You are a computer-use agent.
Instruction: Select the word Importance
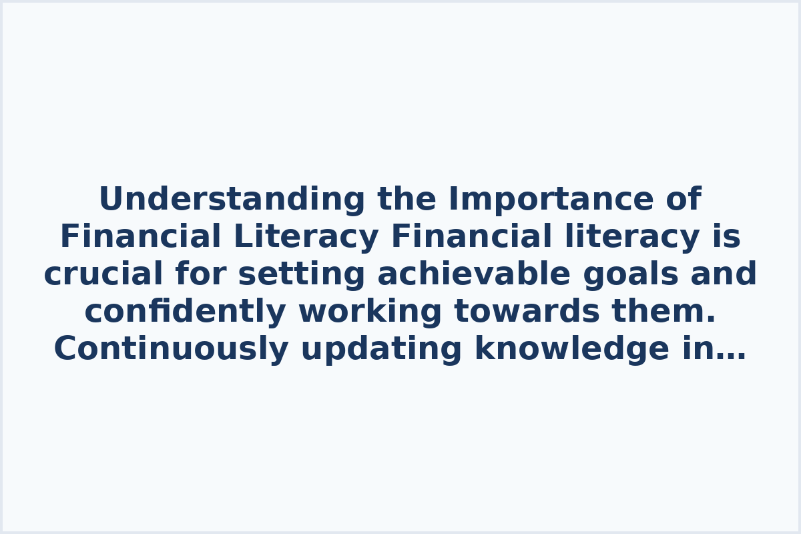pos(547,200)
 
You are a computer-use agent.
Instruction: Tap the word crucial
pos(103,274)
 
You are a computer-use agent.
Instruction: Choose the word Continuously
pos(171,349)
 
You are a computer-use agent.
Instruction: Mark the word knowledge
pos(571,349)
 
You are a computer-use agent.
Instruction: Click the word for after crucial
pos(200,274)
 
